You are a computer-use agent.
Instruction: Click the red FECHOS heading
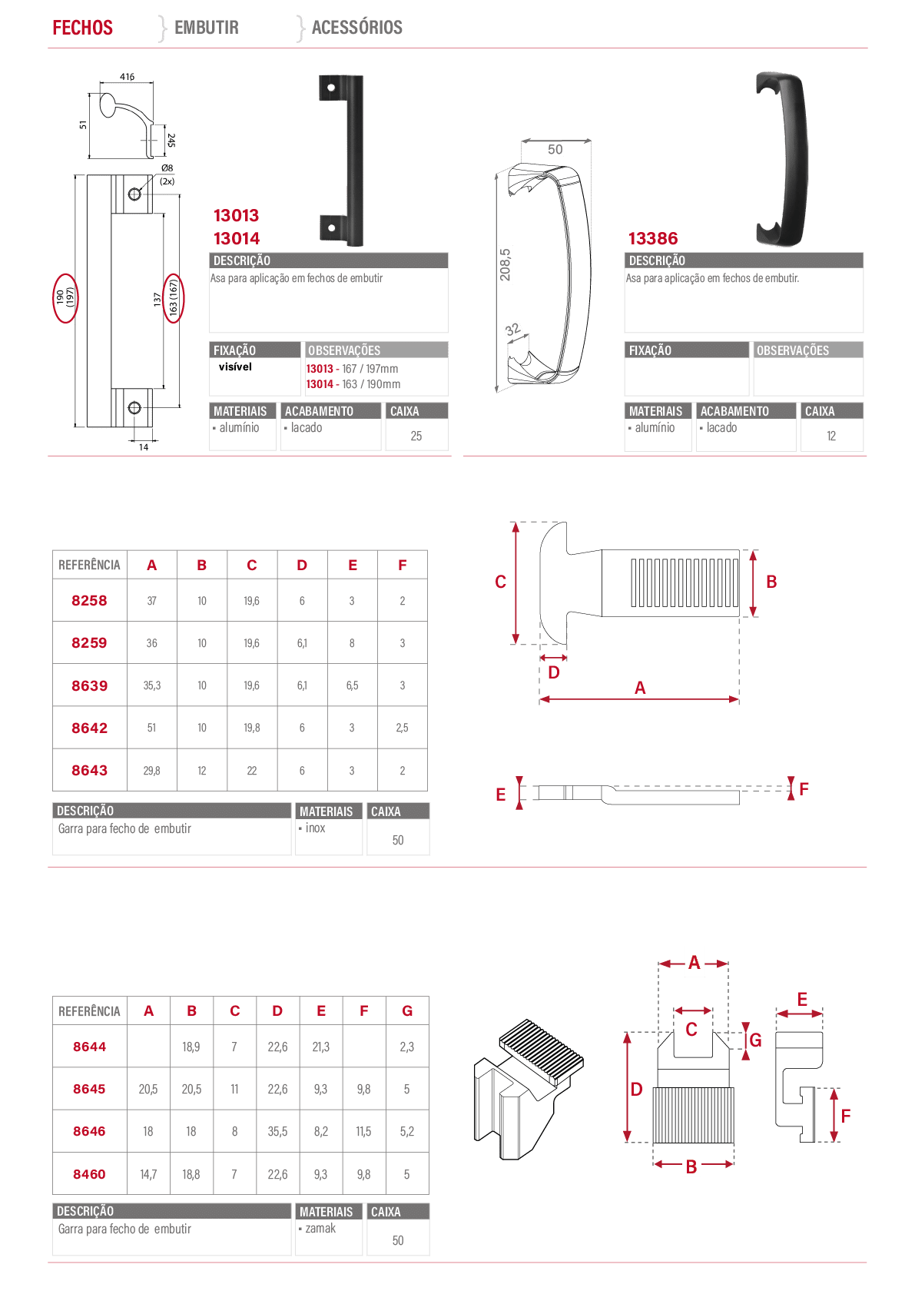[83, 27]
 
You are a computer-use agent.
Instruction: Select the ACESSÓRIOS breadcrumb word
[357, 27]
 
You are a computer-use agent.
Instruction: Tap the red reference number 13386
[653, 238]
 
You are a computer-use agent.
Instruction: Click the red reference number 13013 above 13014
[237, 215]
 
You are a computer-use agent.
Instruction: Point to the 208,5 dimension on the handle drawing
[505, 264]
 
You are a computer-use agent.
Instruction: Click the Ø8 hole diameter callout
[167, 168]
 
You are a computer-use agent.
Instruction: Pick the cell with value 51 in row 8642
[151, 727]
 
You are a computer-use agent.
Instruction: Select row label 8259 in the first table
[89, 643]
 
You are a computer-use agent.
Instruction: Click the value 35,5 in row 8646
[277, 1131]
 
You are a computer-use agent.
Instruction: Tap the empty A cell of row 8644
[148, 1046]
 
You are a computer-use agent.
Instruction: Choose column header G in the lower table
[407, 1011]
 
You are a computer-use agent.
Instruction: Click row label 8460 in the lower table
[89, 1174]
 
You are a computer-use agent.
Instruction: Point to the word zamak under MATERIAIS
[320, 1228]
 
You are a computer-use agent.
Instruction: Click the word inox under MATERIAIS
[315, 828]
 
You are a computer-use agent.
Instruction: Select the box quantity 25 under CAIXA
[416, 436]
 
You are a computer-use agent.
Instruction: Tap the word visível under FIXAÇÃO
[235, 367]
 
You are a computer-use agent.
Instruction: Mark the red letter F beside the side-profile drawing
[804, 788]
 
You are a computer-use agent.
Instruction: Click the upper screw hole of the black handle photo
[331, 88]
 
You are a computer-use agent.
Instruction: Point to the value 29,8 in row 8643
[151, 770]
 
